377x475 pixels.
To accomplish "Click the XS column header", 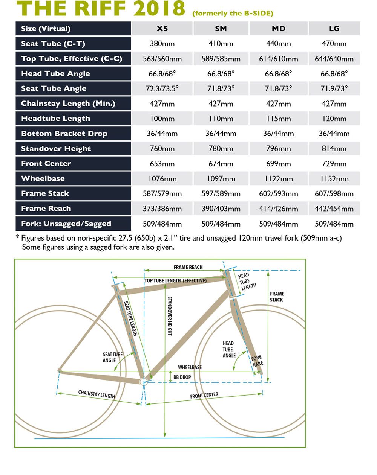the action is [162, 29].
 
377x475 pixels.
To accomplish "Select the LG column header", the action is [334, 29].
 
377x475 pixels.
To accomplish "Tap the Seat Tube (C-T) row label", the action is [53, 44].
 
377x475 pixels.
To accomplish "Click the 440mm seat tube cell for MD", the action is [278, 44].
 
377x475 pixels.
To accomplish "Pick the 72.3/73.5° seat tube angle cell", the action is [162, 89].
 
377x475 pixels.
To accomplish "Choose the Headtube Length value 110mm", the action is [221, 119].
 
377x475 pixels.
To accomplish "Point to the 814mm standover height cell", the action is [334, 149].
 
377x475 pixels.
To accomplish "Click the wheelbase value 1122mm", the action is [278, 179].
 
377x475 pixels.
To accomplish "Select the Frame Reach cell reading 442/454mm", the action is [334, 209].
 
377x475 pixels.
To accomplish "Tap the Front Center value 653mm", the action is [162, 164].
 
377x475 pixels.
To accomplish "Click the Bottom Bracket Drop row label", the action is [64, 134].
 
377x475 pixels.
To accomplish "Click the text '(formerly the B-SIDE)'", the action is [233, 13].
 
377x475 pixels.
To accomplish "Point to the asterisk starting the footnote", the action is [17, 237].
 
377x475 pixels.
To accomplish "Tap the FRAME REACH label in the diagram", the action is [188, 267].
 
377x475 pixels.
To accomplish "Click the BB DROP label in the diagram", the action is [182, 377].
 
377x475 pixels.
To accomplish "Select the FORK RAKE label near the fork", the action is [257, 361].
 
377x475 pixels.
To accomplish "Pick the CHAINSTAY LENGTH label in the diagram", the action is [97, 394].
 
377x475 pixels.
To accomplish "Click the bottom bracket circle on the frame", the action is [144, 382].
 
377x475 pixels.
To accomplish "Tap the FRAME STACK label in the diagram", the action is [277, 297].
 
